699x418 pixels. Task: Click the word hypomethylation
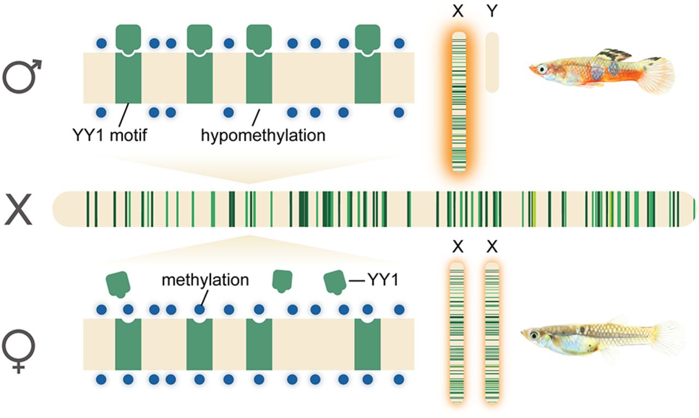click(263, 134)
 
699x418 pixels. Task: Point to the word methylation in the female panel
click(205, 280)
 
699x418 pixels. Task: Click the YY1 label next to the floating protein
click(382, 280)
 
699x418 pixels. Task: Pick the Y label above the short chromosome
click(492, 11)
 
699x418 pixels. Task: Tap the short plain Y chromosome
click(492, 62)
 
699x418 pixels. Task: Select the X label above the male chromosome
click(458, 11)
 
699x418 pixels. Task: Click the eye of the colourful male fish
click(542, 69)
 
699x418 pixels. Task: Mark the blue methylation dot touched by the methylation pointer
click(199, 309)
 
